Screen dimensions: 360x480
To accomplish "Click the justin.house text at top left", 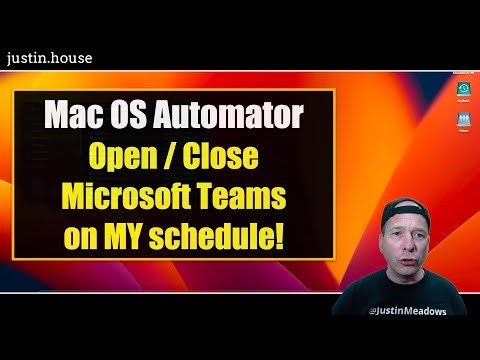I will point(49,57).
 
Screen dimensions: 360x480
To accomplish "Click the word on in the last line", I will point(88,238).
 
